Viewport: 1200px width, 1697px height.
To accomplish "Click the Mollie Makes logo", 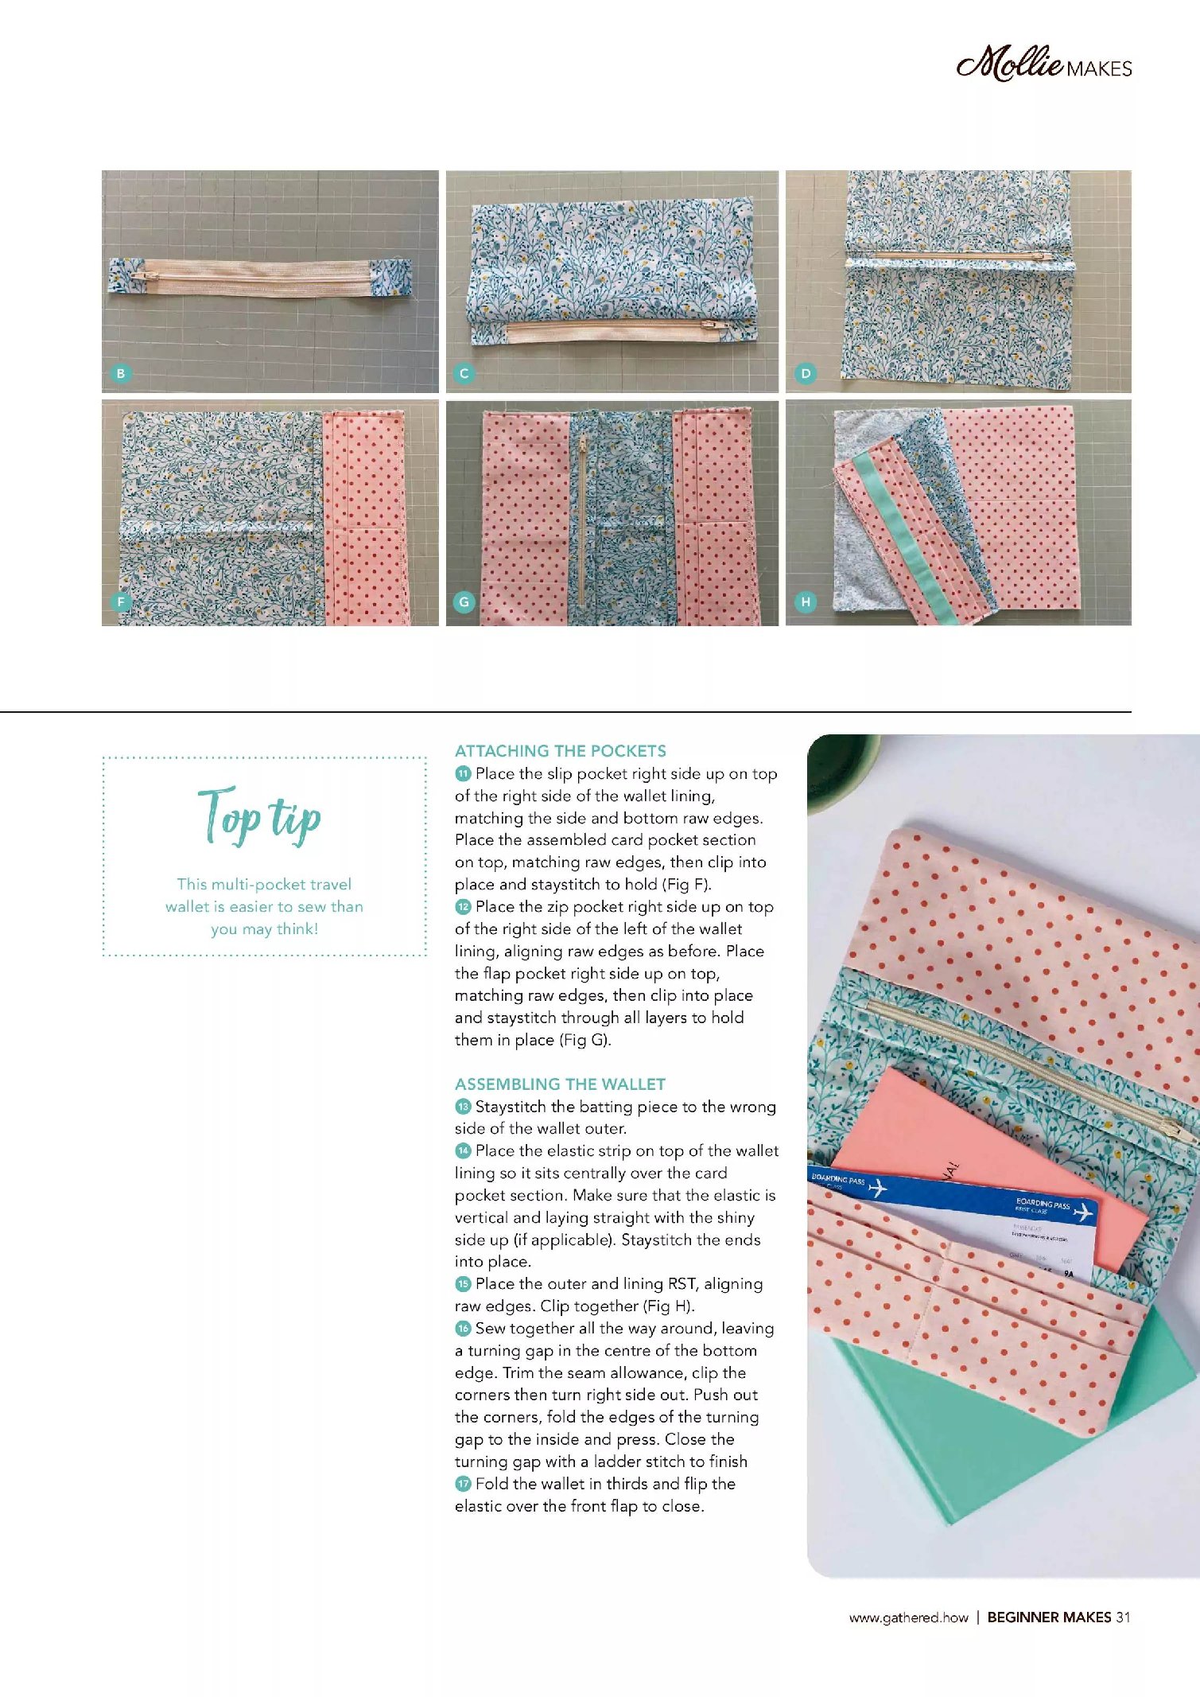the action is coord(1043,64).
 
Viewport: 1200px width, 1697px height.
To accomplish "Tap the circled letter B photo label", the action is coord(120,373).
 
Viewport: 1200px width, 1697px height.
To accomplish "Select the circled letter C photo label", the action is coord(464,373).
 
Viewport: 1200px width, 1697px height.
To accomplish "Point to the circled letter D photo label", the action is coord(806,373).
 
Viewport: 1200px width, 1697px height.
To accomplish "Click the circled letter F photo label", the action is coord(120,602).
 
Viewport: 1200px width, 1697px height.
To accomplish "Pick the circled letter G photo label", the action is coord(464,602).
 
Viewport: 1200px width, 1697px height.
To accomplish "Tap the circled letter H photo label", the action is coord(806,602).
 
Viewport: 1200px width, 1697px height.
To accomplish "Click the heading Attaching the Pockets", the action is coord(561,751).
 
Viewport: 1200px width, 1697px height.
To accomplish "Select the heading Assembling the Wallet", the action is coord(560,1084).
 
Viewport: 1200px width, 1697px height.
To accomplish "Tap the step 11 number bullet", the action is coord(463,773).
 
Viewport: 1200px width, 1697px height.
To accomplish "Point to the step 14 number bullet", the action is coord(463,1150).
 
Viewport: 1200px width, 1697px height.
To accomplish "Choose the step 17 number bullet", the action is coord(463,1483).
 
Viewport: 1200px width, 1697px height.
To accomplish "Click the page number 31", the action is coord(1123,1617).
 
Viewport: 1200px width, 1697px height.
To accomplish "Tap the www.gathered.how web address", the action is coord(908,1617).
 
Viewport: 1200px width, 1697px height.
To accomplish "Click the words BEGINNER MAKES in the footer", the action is coord(1049,1617).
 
